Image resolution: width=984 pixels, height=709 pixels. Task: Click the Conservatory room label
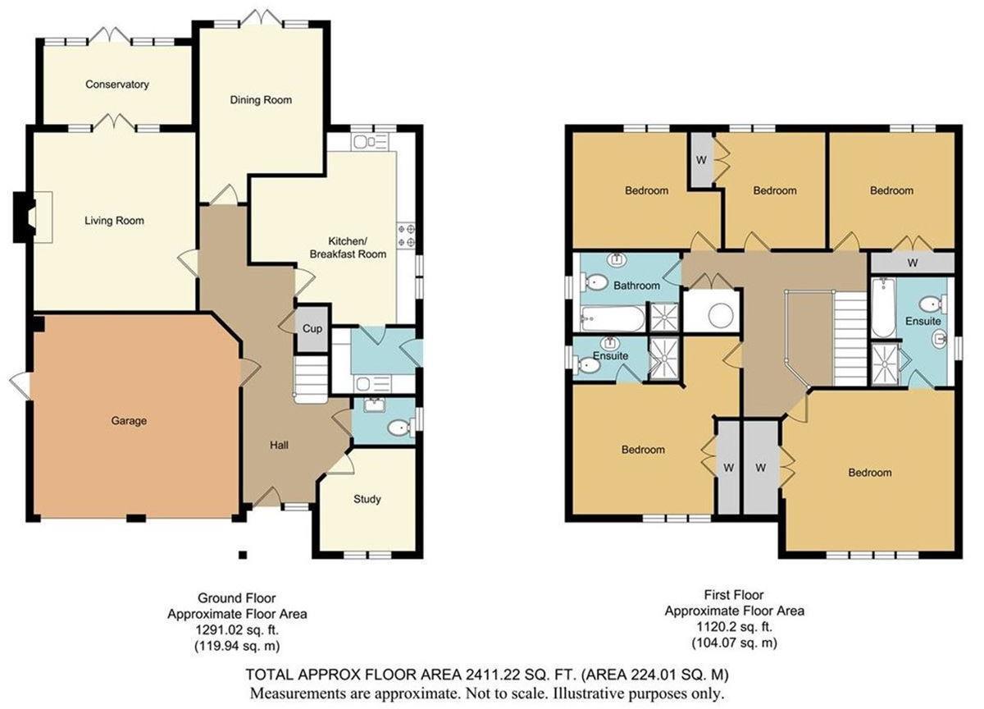[117, 85]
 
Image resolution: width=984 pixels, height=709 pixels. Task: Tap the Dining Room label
[261, 100]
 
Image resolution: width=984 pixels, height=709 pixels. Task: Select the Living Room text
[114, 221]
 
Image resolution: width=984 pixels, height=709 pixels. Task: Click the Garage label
[129, 421]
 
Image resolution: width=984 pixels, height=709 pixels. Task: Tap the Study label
[367, 499]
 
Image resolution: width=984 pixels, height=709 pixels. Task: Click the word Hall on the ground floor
[279, 445]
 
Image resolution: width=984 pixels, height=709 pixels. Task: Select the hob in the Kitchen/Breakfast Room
[406, 236]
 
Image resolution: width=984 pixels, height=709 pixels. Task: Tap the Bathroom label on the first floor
[637, 286]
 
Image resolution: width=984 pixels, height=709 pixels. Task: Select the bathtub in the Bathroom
[612, 318]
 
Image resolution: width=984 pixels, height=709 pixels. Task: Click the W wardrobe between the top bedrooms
[701, 160]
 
